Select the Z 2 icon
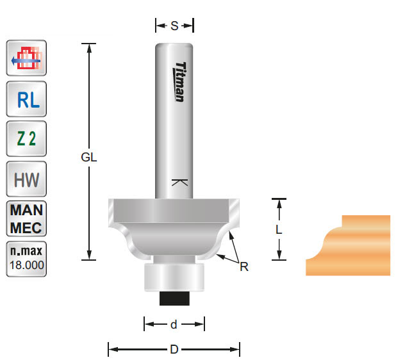26,139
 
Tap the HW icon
26,179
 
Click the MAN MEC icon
26,219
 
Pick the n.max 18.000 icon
26,259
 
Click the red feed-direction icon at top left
26,59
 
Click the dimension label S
174,26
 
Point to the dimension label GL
89,158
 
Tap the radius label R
244,266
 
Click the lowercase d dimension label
174,324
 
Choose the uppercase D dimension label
174,350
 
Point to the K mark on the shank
180,183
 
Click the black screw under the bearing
174,297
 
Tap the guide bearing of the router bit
174,276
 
